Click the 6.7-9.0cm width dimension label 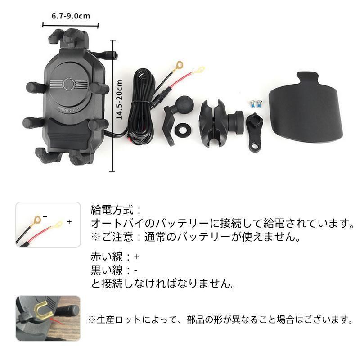tap(71, 16)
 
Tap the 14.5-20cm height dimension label tap(119, 99)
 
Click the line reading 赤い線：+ tap(115, 258)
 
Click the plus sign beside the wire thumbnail tap(69, 222)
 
